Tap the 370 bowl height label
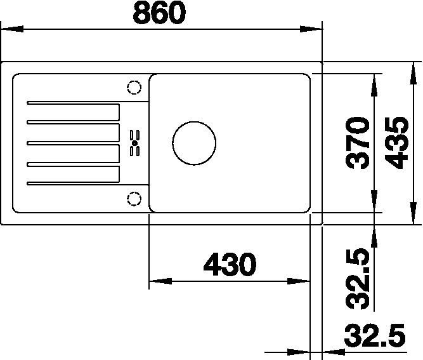(359, 143)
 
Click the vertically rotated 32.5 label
(359, 279)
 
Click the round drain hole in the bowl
(194, 142)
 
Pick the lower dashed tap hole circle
(134, 199)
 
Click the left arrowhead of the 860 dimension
(13, 29)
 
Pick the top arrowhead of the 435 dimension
(412, 70)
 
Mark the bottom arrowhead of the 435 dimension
(412, 216)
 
